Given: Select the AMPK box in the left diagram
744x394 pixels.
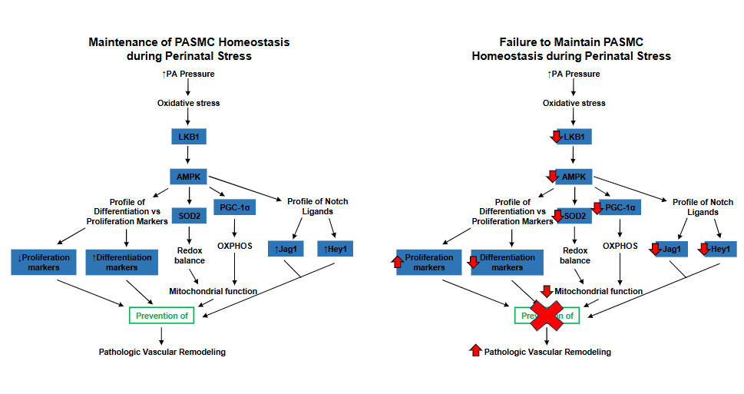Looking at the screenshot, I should coord(188,177).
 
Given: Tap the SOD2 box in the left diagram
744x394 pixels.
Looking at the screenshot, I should coord(189,217).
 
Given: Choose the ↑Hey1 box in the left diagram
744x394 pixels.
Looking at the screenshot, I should coord(335,249).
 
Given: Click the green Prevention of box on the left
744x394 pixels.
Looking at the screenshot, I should coord(161,315).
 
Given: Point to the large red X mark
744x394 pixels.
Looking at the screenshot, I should coord(546,315).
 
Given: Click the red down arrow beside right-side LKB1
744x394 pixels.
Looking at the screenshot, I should coord(557,137).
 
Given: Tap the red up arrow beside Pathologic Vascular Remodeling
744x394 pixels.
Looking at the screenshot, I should coord(475,351).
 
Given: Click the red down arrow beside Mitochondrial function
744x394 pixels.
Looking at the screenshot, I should coord(546,291).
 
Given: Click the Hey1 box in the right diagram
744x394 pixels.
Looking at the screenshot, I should coord(717,249).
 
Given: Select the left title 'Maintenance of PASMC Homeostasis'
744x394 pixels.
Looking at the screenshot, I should coord(189,42).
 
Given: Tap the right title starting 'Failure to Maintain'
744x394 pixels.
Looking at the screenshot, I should coord(571,42).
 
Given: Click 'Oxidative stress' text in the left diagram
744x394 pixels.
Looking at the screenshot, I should coord(188,103).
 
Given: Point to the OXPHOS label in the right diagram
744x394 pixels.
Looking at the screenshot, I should coord(620,247).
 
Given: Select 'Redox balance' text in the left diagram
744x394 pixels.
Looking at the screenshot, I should coord(188,256).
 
